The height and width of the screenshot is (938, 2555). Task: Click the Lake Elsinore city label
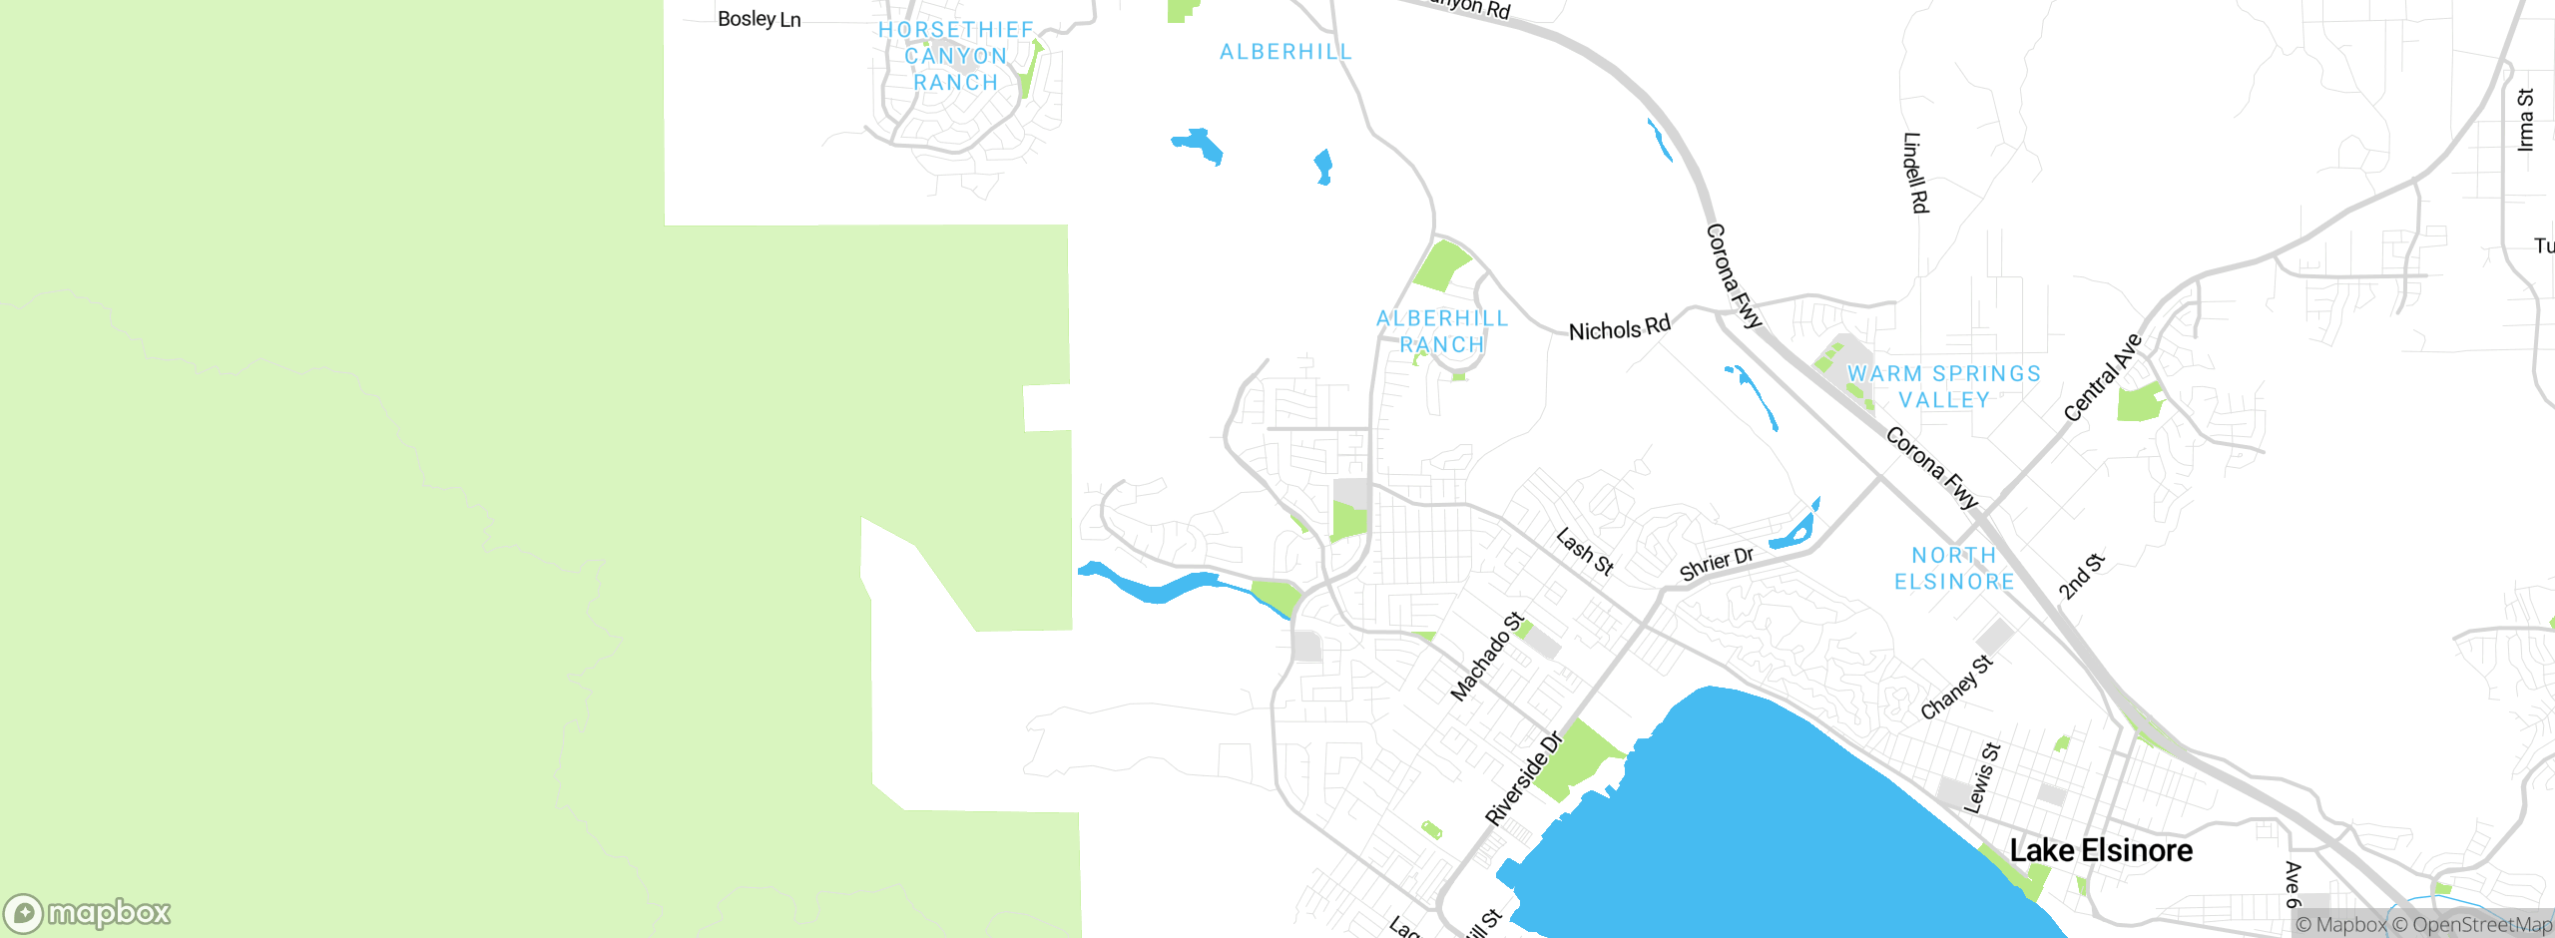pyautogui.click(x=2101, y=850)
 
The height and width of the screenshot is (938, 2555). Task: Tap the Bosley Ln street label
pyautogui.click(x=759, y=19)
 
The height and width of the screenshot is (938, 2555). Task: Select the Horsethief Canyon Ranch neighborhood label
pyautogui.click(x=956, y=56)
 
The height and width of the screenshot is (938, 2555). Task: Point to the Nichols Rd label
pyautogui.click(x=1619, y=329)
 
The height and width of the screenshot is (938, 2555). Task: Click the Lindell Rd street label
pyautogui.click(x=1915, y=173)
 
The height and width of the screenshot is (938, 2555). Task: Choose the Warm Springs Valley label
pyautogui.click(x=1943, y=386)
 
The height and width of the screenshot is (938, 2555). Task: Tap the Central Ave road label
pyautogui.click(x=2102, y=378)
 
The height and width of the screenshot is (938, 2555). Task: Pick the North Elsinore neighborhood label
pyautogui.click(x=1954, y=568)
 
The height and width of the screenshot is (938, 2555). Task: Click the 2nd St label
pyautogui.click(x=2081, y=576)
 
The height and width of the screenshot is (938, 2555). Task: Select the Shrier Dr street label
pyautogui.click(x=1716, y=564)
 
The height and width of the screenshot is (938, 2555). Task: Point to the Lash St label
pyautogui.click(x=1584, y=552)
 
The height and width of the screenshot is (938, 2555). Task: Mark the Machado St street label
pyautogui.click(x=1486, y=656)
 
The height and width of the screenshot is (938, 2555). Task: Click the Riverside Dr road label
pyautogui.click(x=1522, y=779)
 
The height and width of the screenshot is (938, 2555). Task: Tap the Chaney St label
pyautogui.click(x=1956, y=687)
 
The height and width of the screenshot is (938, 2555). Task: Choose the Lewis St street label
pyautogui.click(x=1982, y=778)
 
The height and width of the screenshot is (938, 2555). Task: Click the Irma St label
pyautogui.click(x=2525, y=120)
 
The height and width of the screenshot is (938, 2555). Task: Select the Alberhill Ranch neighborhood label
pyautogui.click(x=1442, y=331)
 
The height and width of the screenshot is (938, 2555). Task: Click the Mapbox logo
pyautogui.click(x=88, y=913)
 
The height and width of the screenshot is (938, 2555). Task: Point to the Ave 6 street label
pyautogui.click(x=2293, y=884)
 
